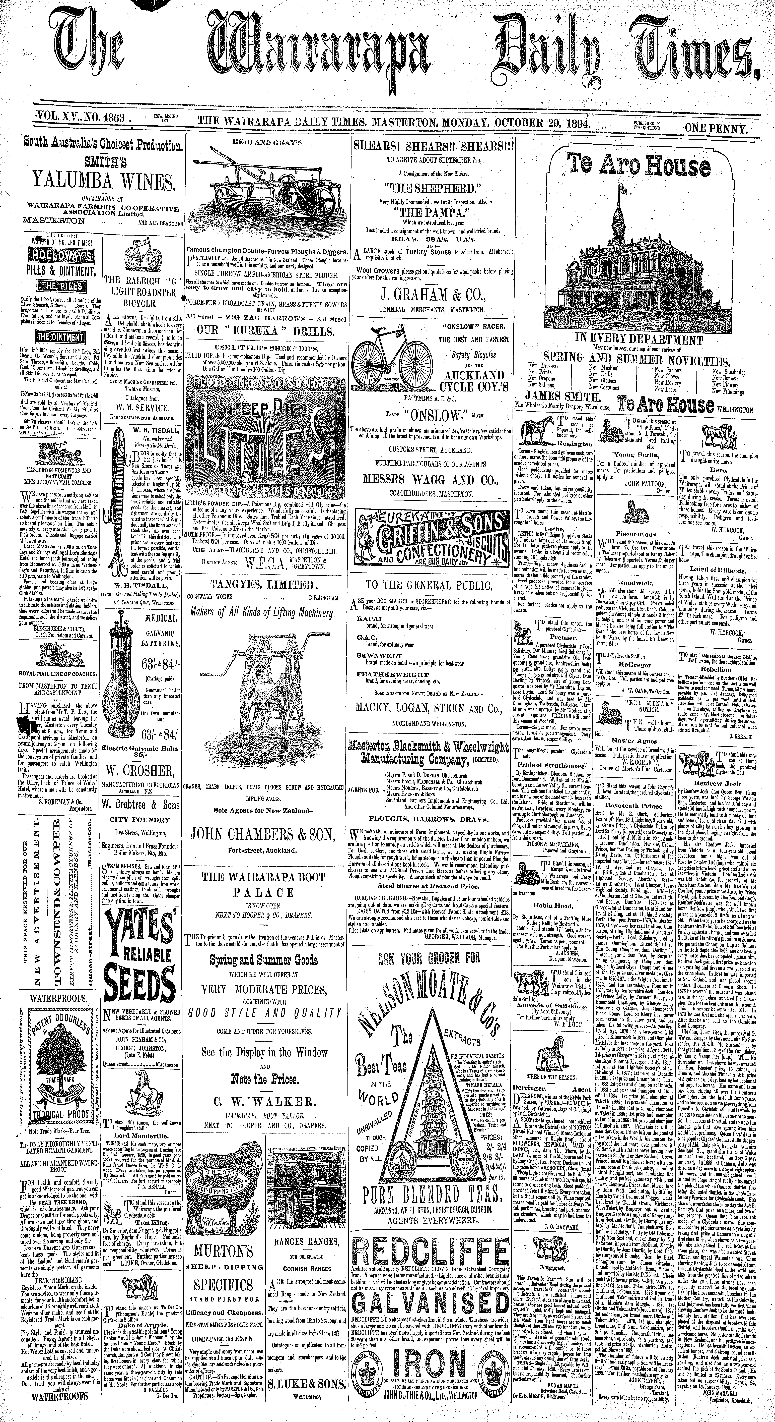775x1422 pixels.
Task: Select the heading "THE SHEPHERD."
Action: pos(429,186)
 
